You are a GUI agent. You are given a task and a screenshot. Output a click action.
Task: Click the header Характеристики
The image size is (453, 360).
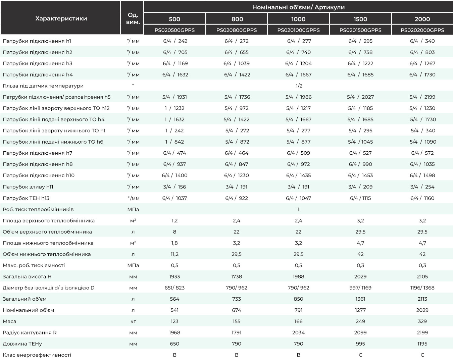click(x=61, y=18)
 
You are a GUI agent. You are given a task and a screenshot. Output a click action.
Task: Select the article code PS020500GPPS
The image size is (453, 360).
click(x=174, y=30)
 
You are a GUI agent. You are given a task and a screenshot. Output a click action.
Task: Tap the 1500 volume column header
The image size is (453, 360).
click(x=360, y=19)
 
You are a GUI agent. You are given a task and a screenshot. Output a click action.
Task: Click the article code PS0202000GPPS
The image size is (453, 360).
click(x=422, y=30)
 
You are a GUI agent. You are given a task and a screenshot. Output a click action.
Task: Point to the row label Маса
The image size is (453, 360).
click(x=9, y=321)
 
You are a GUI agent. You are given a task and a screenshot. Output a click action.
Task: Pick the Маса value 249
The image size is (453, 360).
click(x=360, y=321)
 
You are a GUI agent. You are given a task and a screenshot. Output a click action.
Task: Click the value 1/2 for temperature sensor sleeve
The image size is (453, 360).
click(x=299, y=86)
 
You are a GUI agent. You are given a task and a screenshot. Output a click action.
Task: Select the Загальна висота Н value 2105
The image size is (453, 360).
click(x=422, y=276)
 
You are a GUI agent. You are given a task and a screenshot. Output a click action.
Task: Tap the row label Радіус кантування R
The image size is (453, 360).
click(x=30, y=332)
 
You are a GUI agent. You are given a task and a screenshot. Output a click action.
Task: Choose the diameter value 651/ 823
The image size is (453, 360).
click(x=174, y=288)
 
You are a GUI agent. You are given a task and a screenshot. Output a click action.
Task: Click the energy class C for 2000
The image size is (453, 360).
click(x=422, y=355)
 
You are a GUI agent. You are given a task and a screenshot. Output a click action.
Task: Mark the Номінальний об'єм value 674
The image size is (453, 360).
click(x=236, y=310)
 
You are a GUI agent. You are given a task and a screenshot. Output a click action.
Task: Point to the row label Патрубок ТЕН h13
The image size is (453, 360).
click(x=26, y=198)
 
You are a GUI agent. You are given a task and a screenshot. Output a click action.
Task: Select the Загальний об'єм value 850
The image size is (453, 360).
click(x=298, y=299)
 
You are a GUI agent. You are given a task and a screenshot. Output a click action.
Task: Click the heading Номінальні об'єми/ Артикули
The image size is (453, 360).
click(x=298, y=7)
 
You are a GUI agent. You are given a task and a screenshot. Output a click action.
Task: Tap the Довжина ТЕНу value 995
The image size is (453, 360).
click(x=360, y=344)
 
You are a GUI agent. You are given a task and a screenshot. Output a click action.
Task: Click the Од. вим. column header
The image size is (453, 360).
click(x=133, y=18)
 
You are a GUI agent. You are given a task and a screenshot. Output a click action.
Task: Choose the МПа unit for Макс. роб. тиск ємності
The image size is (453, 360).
click(x=133, y=265)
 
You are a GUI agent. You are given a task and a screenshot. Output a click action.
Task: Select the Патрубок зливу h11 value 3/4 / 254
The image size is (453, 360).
click(x=422, y=187)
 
